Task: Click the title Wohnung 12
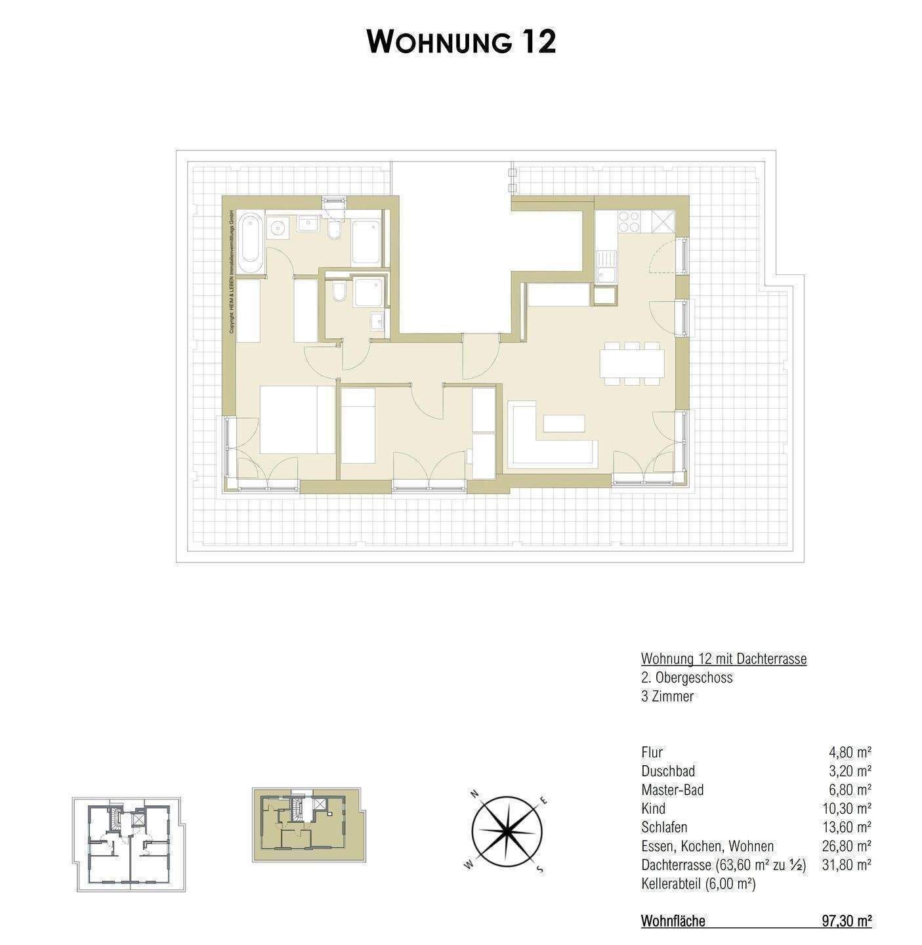coord(461,42)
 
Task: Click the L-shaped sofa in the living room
coord(551,450)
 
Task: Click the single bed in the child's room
coord(358,425)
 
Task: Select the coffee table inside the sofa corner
coord(564,423)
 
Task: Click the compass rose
coord(507,831)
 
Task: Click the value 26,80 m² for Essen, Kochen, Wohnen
coord(846,846)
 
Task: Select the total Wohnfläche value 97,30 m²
coord(846,921)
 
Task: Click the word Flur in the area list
coord(652,753)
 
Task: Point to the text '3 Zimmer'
coord(667,696)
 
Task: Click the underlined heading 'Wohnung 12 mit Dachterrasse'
coord(723,659)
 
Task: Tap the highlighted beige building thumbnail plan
coord(305,825)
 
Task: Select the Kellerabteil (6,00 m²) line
coord(698,884)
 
